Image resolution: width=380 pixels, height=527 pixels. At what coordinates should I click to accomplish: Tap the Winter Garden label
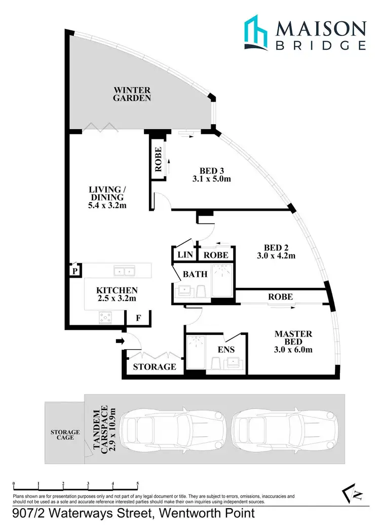pos(132,94)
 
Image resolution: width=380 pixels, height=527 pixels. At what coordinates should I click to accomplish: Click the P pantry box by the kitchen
pos(75,271)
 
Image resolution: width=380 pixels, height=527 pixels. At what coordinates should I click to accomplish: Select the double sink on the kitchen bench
pos(124,272)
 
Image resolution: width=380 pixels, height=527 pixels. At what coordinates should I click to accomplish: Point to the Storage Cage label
pos(65,434)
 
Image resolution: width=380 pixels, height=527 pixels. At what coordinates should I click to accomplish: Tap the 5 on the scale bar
pos(137,484)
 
